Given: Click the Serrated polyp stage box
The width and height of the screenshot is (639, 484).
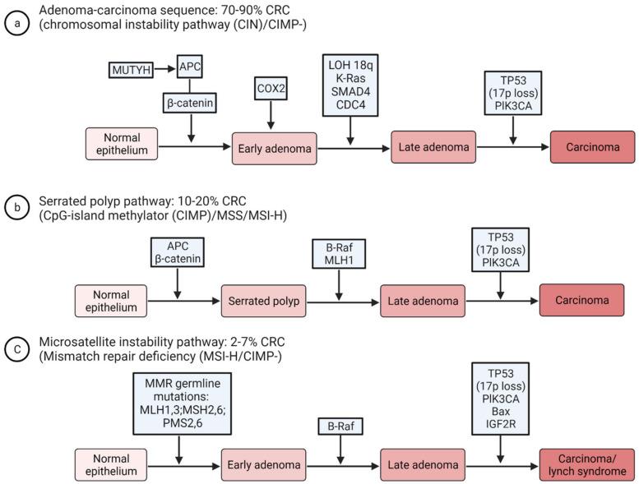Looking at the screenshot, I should tap(263, 301).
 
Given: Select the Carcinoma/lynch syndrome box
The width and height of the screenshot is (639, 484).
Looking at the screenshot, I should tap(587, 465).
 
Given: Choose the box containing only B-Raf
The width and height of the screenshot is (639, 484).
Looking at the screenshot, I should tap(339, 426).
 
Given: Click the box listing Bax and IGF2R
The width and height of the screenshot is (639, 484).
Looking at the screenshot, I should tap(501, 399).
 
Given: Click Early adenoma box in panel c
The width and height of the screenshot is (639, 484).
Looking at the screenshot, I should tap(263, 465).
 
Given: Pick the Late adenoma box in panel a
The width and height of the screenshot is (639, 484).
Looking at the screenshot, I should tap(433, 146).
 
